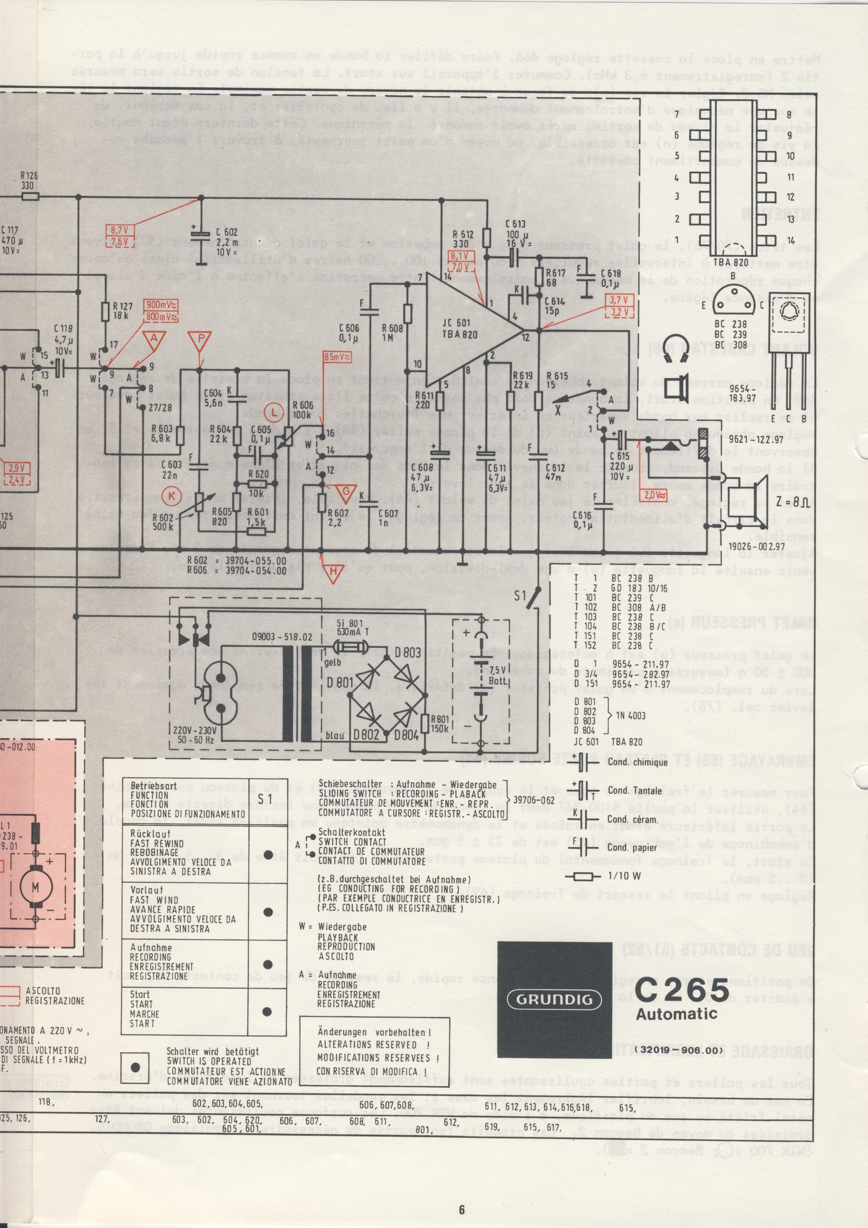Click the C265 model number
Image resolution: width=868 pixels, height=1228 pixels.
682,990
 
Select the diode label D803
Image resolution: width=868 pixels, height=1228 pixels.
408,652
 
